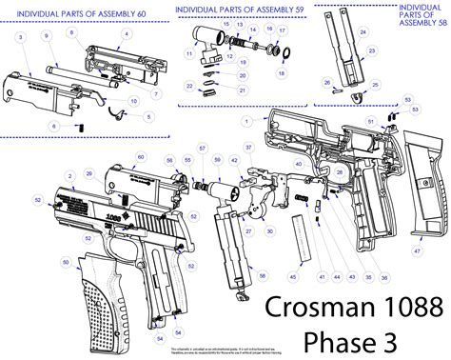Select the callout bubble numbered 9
(45, 34)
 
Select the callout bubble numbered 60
(141, 157)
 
